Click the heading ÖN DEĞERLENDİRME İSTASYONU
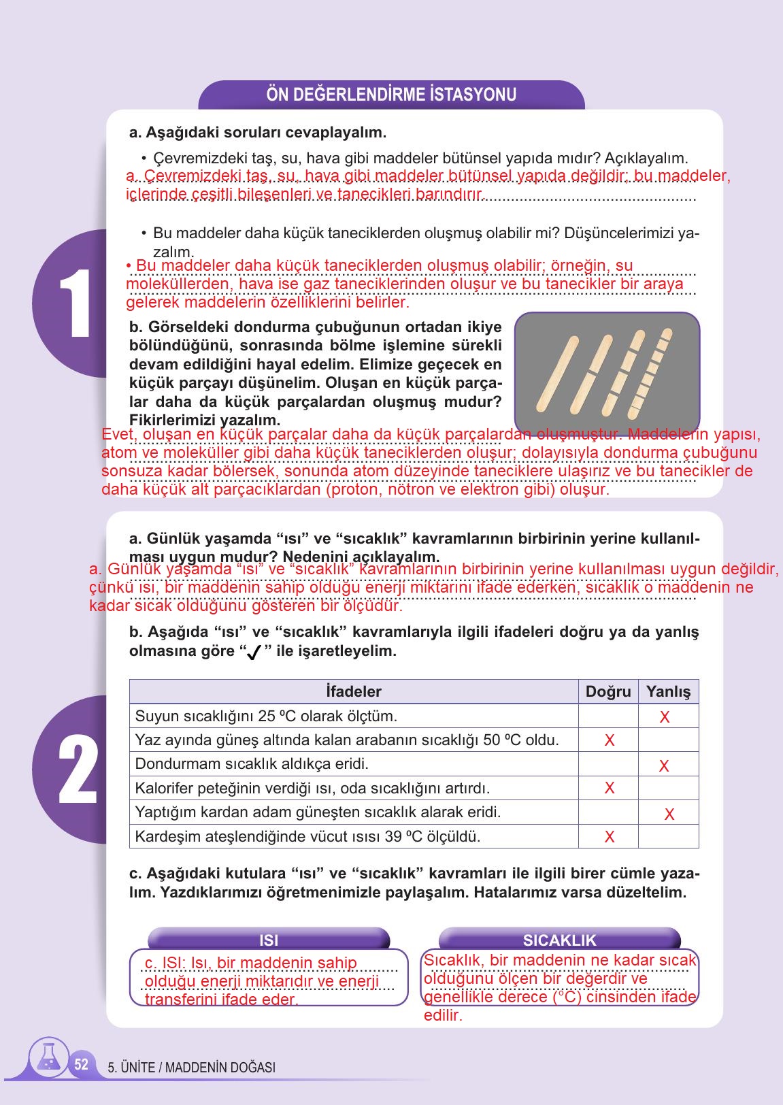click(391, 95)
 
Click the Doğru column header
click(608, 692)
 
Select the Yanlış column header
click(668, 692)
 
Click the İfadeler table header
click(354, 692)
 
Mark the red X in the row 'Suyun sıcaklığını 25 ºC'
click(665, 717)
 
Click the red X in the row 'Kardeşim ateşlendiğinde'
click(610, 837)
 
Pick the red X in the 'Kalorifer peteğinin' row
click(610, 789)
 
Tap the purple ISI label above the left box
click(269, 940)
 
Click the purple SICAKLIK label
click(559, 940)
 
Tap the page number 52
click(81, 1065)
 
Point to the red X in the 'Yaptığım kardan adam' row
click(669, 814)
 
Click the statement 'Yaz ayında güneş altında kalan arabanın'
click(347, 740)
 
